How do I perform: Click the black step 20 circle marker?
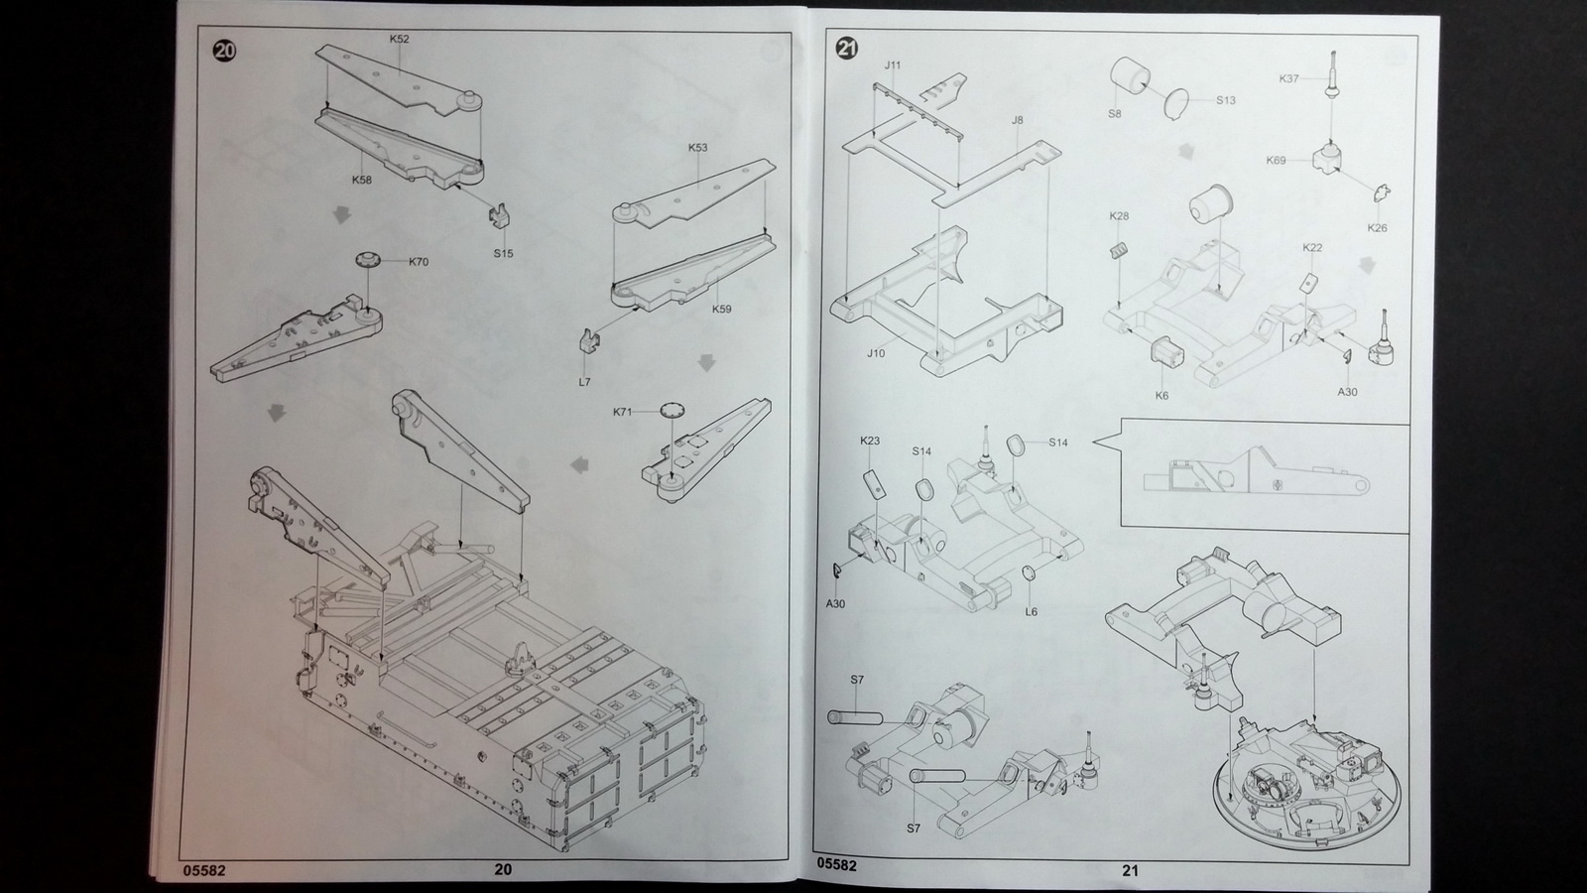(x=224, y=51)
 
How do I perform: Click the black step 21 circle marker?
(x=847, y=49)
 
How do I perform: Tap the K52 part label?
(x=399, y=39)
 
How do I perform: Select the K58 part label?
(x=361, y=180)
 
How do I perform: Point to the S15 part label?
(x=503, y=254)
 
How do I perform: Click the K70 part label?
(x=418, y=262)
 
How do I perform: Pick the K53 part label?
(x=698, y=148)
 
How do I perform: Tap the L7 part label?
(x=584, y=382)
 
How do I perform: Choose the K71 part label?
(x=623, y=412)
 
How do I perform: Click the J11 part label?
(x=893, y=65)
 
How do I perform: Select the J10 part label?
(x=876, y=353)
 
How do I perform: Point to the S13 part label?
(x=1226, y=100)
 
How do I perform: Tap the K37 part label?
(x=1288, y=78)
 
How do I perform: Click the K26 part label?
(x=1378, y=228)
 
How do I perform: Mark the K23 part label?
(x=870, y=441)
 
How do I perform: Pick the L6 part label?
(x=1031, y=611)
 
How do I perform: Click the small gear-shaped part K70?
(x=369, y=260)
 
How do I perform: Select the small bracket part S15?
(x=501, y=216)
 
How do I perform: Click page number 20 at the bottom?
(x=502, y=869)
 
